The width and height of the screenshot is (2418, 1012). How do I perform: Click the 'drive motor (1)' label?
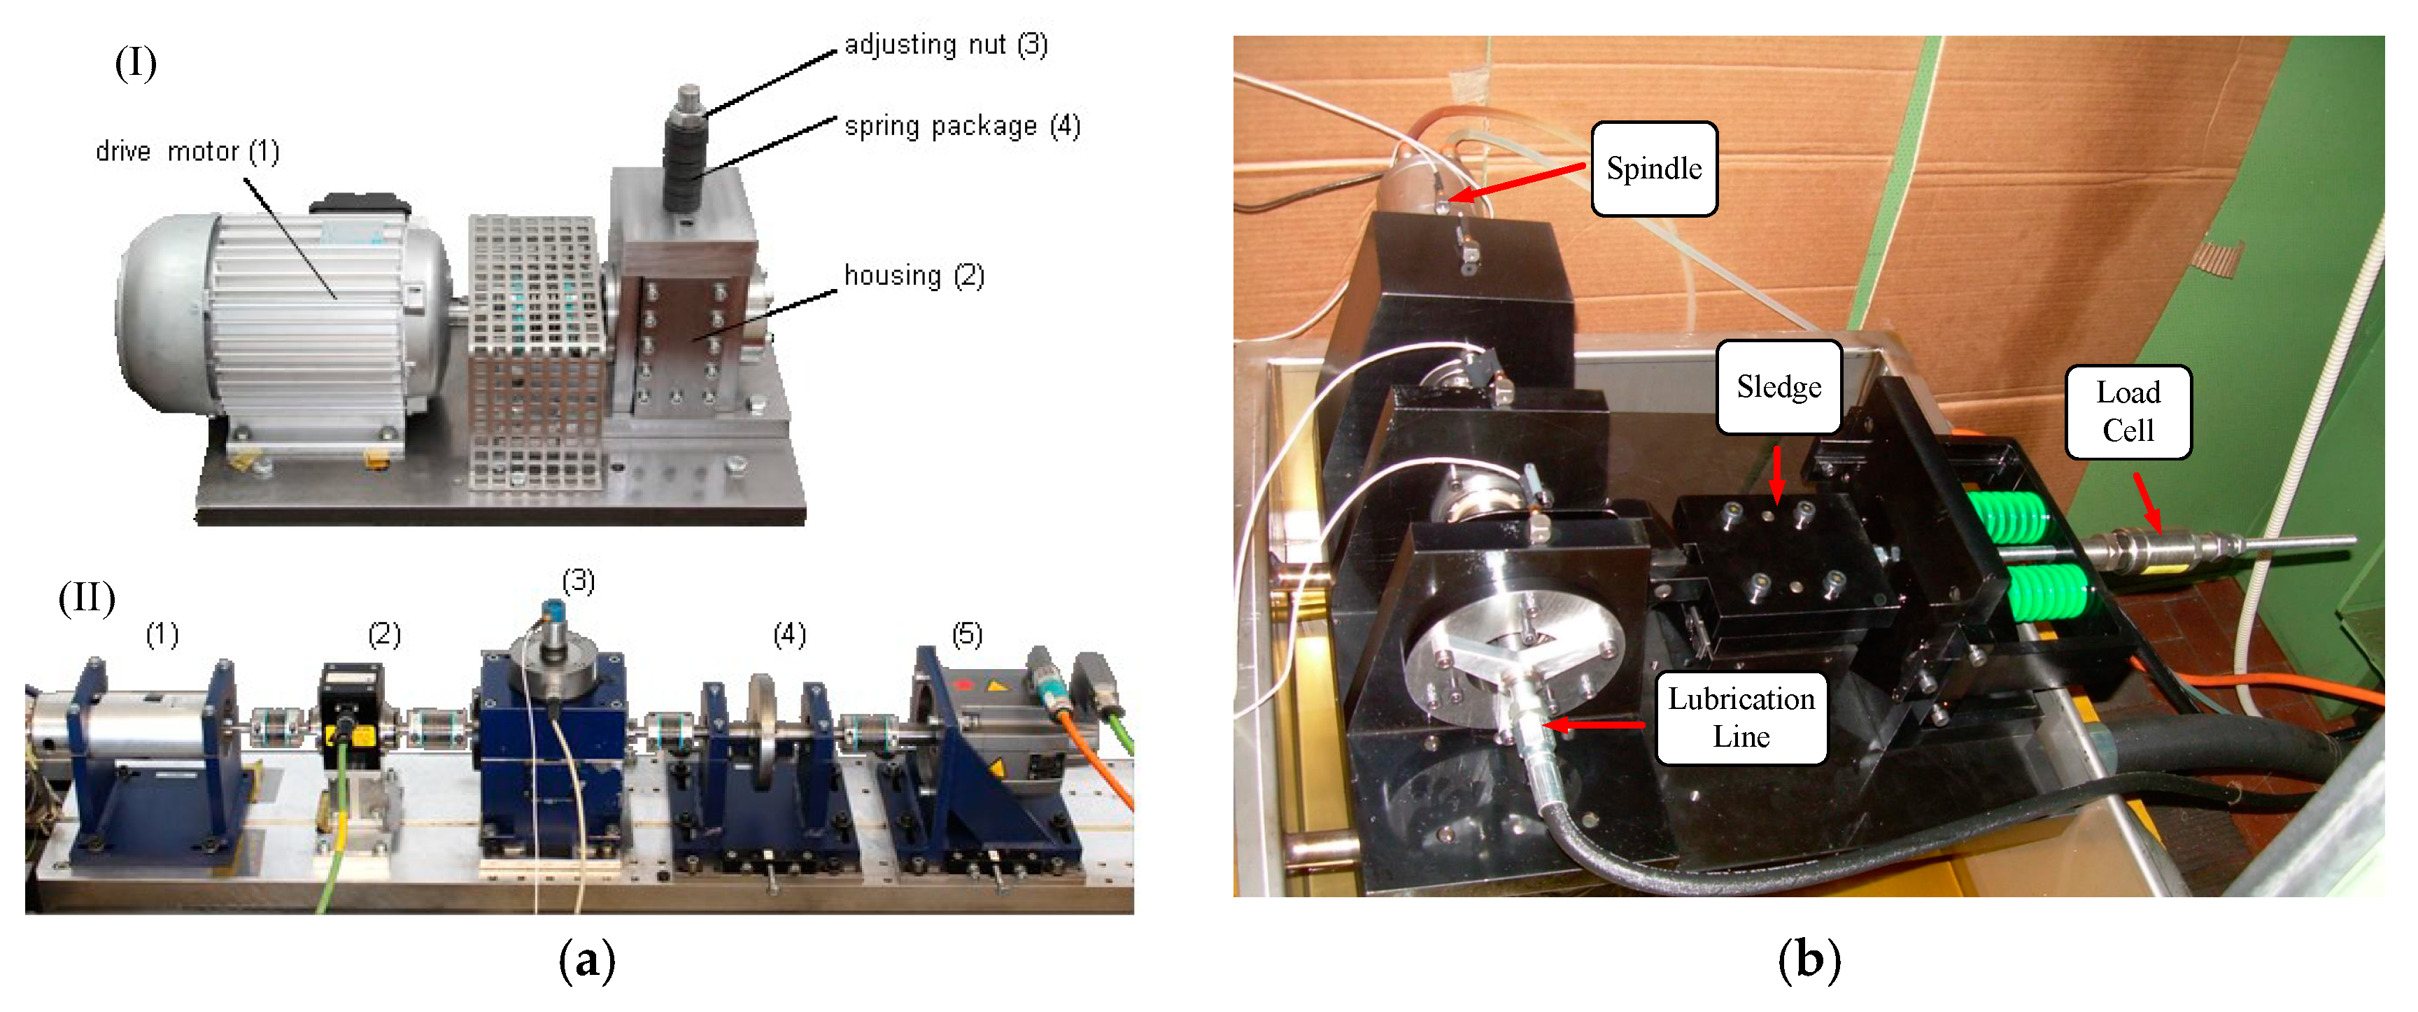coord(187,151)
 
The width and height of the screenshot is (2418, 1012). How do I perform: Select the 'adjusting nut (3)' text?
coord(945,44)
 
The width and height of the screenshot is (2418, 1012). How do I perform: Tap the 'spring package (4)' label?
coord(962,126)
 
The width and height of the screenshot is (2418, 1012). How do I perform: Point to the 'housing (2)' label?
coord(913,275)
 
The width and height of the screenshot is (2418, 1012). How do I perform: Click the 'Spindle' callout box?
coord(1654,169)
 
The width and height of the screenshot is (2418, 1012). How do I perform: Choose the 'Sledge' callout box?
coord(1778,387)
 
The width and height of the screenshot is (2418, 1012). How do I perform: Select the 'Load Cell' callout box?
coord(2128,412)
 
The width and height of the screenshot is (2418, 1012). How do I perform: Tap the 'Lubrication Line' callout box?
coord(1741,717)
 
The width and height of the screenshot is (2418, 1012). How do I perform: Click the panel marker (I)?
coord(135,64)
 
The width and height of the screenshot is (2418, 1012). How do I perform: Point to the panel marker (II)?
coord(86,597)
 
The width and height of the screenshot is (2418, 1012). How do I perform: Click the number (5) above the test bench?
coord(967,635)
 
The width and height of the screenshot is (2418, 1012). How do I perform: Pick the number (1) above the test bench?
coord(162,635)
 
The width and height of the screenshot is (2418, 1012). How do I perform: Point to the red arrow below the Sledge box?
coord(1777,474)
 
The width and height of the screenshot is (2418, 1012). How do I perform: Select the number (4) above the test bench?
coord(789,635)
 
